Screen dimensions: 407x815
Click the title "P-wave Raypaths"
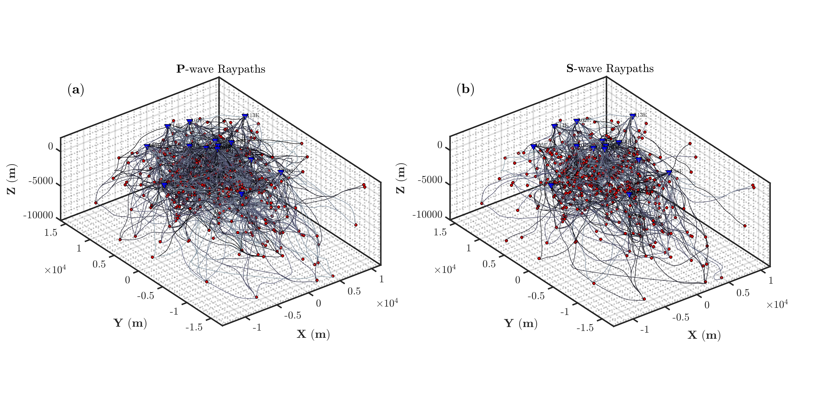pos(221,69)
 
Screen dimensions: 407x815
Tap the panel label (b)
pos(465,90)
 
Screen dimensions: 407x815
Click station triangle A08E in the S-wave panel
pos(668,172)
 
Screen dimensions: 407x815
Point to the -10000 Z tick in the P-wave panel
pos(38,215)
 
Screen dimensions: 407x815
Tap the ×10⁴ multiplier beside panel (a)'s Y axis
pos(55,270)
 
